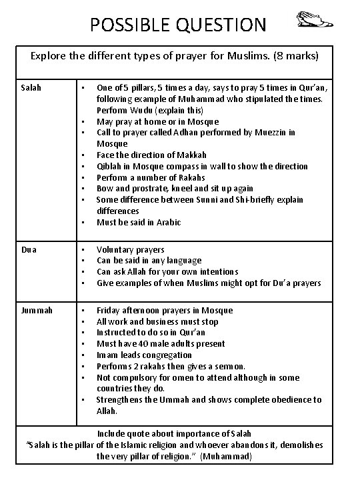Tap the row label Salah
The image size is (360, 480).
[31, 87]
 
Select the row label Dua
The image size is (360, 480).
[29, 249]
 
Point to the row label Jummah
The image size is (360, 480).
[36, 310]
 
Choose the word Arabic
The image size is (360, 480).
[167, 222]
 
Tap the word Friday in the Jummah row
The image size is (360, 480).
[109, 310]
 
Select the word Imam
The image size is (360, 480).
[107, 355]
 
